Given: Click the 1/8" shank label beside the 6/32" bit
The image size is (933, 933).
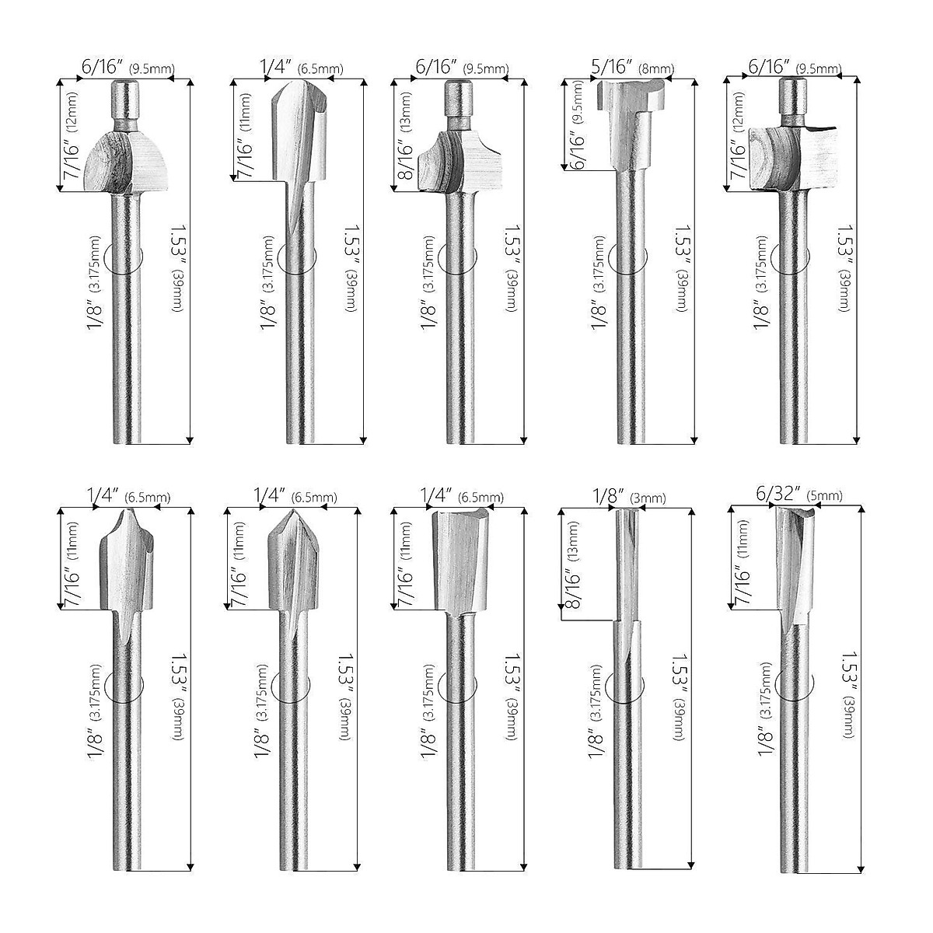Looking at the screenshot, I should [767, 744].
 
